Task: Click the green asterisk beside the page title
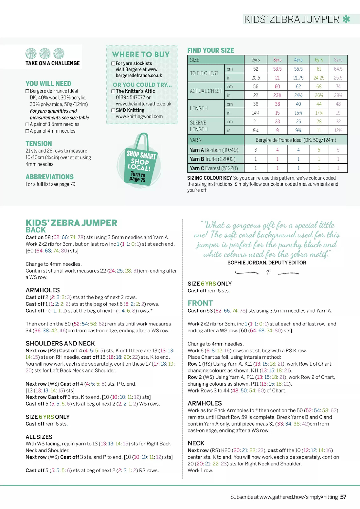pos(346,19)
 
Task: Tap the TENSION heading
pos(39,144)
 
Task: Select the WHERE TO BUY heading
pos(141,55)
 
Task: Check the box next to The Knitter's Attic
pos(114,91)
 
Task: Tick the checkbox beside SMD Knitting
pos(114,110)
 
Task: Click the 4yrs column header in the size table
pos(298,60)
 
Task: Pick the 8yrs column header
pos(338,60)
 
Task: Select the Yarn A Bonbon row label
pos(214,150)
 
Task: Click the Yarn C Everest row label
pos(214,168)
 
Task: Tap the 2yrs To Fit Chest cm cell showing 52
pos(256,69)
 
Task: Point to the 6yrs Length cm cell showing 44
pos(319,104)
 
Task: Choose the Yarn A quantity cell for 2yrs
pos(256,150)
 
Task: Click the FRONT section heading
pos(200,303)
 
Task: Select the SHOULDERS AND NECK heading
pos(60,343)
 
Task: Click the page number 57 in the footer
pos(343,497)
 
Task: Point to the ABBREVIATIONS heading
pos(50,177)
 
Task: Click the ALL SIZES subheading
pos(39,437)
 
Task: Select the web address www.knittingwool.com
pos(139,117)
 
